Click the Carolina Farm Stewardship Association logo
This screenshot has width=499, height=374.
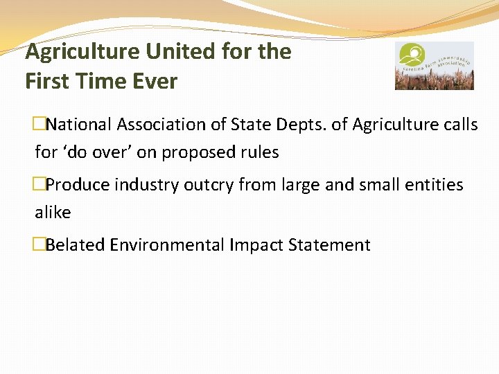(435, 66)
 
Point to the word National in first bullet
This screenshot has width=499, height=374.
(80, 125)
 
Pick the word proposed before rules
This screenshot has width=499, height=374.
(198, 152)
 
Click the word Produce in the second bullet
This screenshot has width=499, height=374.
(78, 185)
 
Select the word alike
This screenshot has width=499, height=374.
(53, 213)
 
